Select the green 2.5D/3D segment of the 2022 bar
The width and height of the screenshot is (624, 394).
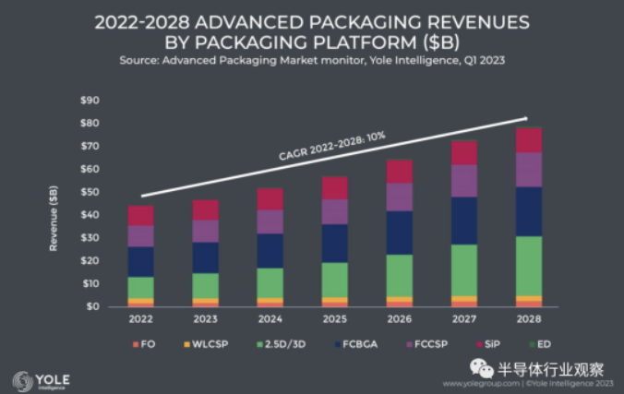point(141,287)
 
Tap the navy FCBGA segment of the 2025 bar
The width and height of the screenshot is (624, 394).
point(335,243)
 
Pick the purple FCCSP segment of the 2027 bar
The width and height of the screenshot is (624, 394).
point(464,181)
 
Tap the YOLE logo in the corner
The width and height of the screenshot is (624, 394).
point(39,380)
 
